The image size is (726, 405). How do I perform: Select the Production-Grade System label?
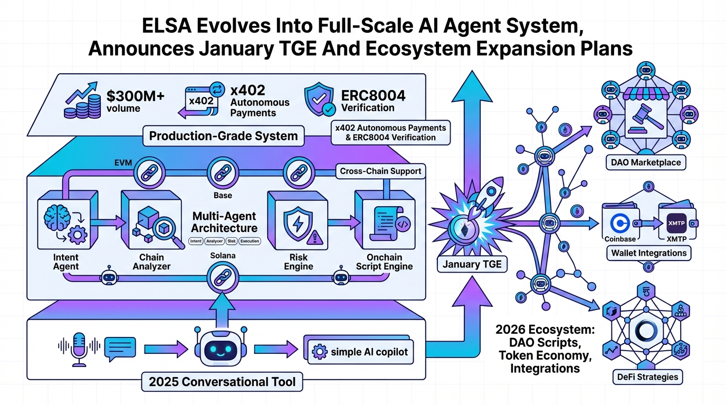click(223, 136)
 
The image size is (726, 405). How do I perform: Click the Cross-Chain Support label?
click(380, 171)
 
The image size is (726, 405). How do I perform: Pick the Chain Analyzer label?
click(155, 262)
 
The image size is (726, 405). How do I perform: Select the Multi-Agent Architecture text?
click(224, 222)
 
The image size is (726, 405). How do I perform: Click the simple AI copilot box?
click(360, 352)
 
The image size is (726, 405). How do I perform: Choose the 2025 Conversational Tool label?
click(222, 381)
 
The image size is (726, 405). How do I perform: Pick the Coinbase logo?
click(619, 223)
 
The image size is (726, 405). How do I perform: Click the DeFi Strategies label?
click(648, 377)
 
